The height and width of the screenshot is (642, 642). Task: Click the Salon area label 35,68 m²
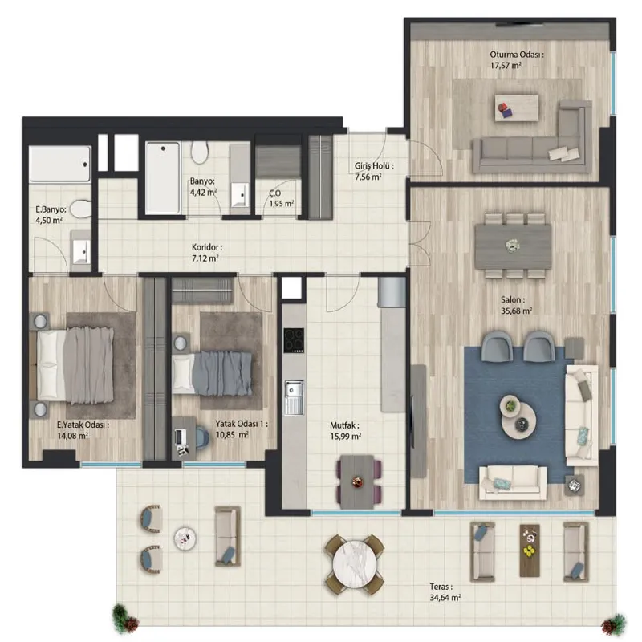(516, 311)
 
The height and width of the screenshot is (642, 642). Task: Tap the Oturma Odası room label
(517, 55)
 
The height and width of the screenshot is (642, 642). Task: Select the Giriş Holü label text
(374, 166)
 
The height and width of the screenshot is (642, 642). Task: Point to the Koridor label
(207, 247)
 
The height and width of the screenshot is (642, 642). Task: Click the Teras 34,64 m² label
(445, 592)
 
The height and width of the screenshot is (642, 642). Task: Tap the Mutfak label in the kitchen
(344, 426)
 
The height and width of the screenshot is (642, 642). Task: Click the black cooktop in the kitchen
(294, 340)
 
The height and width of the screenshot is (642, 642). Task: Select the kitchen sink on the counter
(294, 396)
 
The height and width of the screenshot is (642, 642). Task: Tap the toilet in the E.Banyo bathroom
(81, 209)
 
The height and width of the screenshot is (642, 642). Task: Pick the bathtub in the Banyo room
(163, 177)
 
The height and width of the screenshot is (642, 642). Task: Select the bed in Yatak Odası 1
(212, 373)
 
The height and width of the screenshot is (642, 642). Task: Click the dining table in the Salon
(513, 246)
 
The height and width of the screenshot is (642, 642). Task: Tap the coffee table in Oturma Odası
(516, 108)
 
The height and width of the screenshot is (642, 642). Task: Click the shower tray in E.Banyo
(59, 164)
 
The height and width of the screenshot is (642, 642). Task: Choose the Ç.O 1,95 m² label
(282, 198)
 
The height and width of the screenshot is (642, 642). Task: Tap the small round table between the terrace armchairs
(185, 538)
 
